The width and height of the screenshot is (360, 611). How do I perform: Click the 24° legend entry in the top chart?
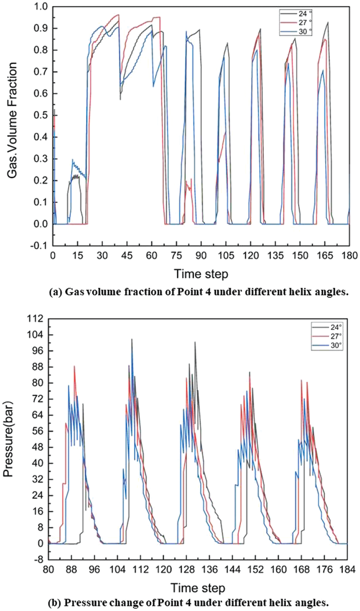tap(302, 13)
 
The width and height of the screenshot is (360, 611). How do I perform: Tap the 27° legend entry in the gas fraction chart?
tap(302, 22)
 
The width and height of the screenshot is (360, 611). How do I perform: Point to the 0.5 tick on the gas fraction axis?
tap(42, 115)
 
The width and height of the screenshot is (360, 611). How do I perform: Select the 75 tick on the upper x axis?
tap(176, 255)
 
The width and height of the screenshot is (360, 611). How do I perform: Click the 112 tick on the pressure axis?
tap(36, 319)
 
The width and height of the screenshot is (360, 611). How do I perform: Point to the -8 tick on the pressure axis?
tap(38, 559)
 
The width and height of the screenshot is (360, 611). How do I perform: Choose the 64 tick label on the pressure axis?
tap(38, 415)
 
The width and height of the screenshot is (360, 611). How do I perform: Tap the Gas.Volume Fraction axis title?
tap(13, 121)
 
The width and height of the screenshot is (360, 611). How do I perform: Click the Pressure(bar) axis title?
tap(8, 439)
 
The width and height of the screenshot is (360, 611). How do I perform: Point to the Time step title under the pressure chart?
tap(197, 588)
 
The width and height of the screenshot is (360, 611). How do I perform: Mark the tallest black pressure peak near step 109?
tap(131, 340)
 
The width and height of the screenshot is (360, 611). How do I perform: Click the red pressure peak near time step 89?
tap(74, 367)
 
